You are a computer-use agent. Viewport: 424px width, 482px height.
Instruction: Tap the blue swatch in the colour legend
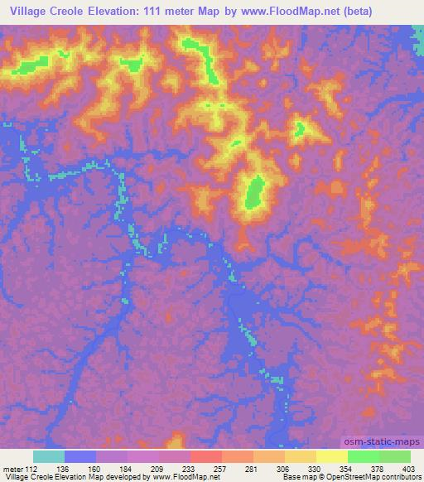(x=80, y=456)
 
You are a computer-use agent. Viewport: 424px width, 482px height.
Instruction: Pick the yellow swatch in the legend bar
(x=332, y=456)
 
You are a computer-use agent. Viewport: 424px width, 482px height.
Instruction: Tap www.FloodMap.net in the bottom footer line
(x=181, y=476)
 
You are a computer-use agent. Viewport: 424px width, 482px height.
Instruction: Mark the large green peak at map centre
(x=253, y=193)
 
